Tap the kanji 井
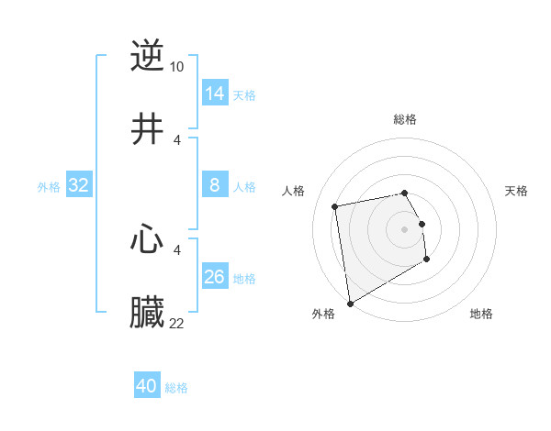(x=147, y=129)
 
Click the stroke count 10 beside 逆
(x=177, y=66)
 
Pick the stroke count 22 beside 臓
(x=177, y=324)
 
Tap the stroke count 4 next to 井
(x=177, y=139)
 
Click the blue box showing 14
(x=215, y=93)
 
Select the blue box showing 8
(x=215, y=185)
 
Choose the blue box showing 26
(x=215, y=277)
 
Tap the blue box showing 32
(x=79, y=185)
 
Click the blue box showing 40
(x=147, y=386)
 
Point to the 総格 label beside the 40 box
(x=177, y=388)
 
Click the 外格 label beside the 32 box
(x=49, y=187)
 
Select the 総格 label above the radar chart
(x=405, y=119)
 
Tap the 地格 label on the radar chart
(x=481, y=314)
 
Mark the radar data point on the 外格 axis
(x=350, y=303)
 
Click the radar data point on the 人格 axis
(x=335, y=205)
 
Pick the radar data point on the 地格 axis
(x=427, y=260)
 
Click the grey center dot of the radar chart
(x=405, y=228)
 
